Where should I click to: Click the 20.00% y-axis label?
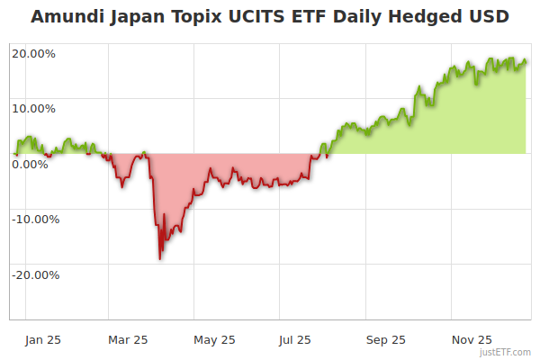click(x=33, y=53)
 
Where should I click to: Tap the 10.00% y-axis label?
click(x=33, y=109)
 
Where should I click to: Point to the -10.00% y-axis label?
click(x=34, y=219)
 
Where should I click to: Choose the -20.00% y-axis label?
click(x=34, y=274)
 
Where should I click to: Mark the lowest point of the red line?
click(x=160, y=259)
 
